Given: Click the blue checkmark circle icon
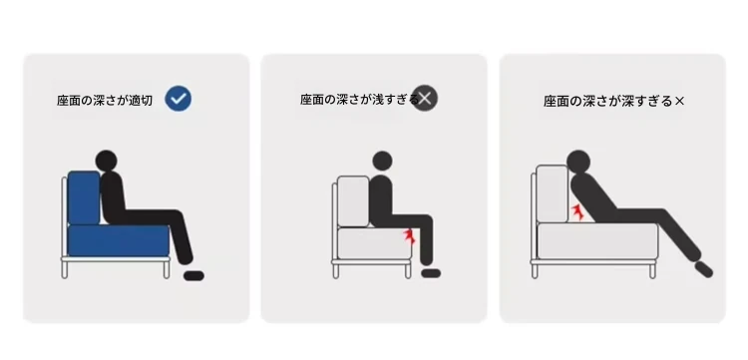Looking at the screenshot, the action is click(x=179, y=99).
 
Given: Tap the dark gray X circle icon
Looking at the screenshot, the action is click(x=425, y=98).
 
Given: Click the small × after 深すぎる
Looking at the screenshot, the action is click(x=680, y=101).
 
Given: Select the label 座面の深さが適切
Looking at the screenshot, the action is click(x=105, y=101).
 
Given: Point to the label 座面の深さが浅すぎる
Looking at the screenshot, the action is click(x=360, y=99).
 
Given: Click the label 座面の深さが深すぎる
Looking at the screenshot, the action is click(x=607, y=101).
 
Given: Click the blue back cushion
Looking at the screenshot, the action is click(x=84, y=197).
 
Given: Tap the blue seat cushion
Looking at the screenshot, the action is click(x=119, y=240).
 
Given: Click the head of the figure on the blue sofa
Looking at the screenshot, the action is click(x=106, y=162).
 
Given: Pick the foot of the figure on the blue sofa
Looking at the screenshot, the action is click(x=193, y=275).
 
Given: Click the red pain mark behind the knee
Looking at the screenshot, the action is click(x=409, y=236).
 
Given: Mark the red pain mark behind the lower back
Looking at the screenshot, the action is click(x=578, y=212).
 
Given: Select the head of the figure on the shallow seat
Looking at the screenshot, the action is click(x=382, y=162).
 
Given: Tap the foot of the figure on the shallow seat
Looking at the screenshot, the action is click(x=431, y=273).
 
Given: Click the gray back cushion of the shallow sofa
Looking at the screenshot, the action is click(x=353, y=201).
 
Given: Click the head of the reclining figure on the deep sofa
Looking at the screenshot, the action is click(x=578, y=162).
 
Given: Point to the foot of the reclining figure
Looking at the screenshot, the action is click(x=704, y=269).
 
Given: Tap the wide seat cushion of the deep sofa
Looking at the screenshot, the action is click(x=597, y=241).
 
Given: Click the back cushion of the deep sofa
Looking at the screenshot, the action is click(x=552, y=194).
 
